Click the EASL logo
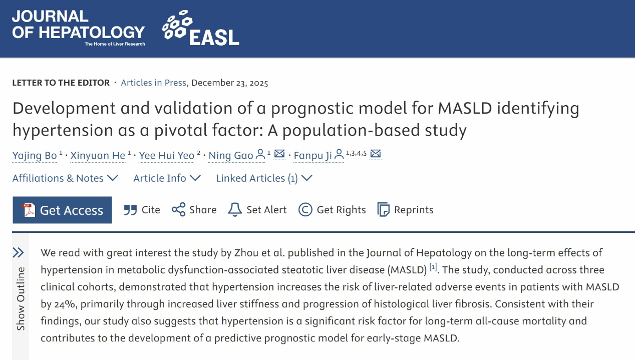pos(201,28)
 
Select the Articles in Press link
pos(153,83)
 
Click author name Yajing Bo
pos(35,155)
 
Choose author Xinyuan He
pos(98,155)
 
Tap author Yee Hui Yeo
pos(167,155)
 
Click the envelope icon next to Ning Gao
pos(279,154)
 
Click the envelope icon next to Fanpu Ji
pos(376,154)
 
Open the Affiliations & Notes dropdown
pos(65,178)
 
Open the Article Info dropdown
pos(167,178)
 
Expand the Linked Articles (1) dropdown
pos(264,178)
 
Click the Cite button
pos(142,210)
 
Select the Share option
pos(194,210)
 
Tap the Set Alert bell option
pos(257,210)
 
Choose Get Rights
pos(332,210)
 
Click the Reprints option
pos(405,210)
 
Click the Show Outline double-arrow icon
pos(19,252)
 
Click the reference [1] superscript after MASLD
pos(433,268)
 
